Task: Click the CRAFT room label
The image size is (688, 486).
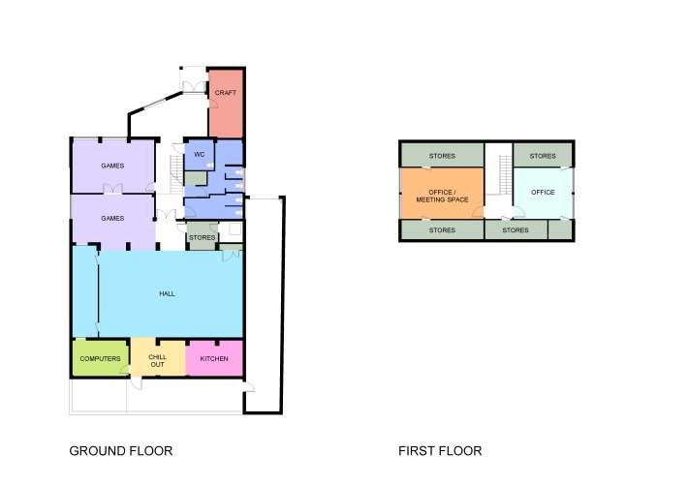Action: click(225, 93)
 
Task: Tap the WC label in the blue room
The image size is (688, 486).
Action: click(199, 155)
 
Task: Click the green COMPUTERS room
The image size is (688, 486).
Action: click(100, 358)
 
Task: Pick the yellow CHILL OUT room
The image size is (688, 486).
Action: click(157, 360)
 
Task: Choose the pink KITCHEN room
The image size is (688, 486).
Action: click(214, 358)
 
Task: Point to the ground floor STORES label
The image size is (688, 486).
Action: click(202, 237)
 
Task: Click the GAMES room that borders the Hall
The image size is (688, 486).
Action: click(112, 220)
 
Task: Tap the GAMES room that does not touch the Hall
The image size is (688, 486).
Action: click(112, 166)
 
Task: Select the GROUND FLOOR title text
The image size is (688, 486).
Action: click(120, 451)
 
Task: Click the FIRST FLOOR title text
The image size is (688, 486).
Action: click(440, 451)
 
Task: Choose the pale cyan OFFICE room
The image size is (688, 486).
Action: click(543, 193)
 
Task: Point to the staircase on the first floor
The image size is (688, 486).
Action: click(503, 174)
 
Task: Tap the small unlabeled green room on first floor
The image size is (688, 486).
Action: click(560, 230)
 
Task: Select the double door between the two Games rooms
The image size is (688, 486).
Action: click(113, 194)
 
